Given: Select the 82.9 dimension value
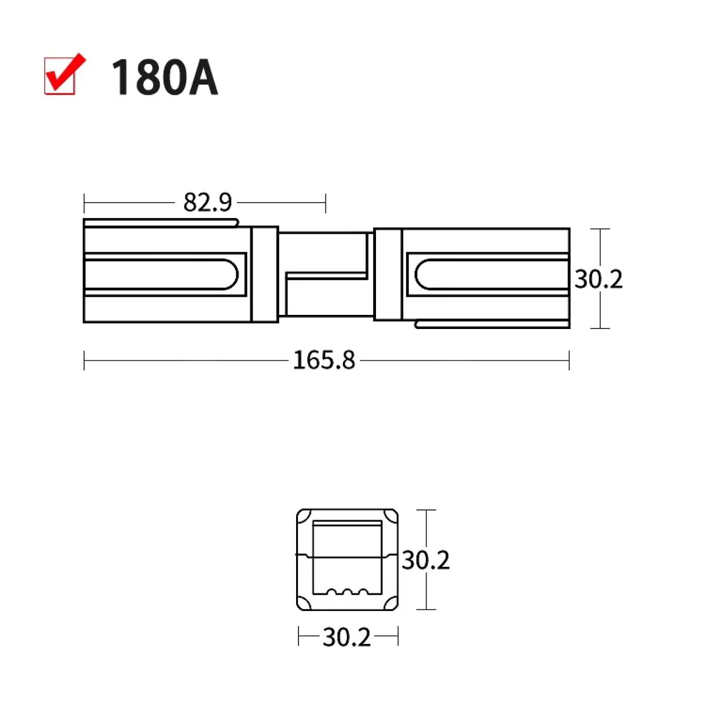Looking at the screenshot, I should (x=207, y=203).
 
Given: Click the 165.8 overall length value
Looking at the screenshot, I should (x=324, y=360).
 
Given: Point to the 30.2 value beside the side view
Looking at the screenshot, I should (x=598, y=279).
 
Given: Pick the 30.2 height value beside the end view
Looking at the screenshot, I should (x=425, y=560).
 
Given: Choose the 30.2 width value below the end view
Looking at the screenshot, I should (x=347, y=637).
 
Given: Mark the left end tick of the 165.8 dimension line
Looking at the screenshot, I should (x=85, y=360).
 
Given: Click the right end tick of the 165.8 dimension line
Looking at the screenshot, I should (x=569, y=360).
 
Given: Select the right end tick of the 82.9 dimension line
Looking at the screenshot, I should (x=325, y=203).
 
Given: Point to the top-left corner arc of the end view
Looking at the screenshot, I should (x=304, y=517).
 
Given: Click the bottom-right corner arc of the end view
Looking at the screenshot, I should (x=391, y=603).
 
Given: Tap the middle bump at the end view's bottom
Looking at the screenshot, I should (x=347, y=591).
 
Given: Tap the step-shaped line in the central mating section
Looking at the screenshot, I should (x=326, y=274).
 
